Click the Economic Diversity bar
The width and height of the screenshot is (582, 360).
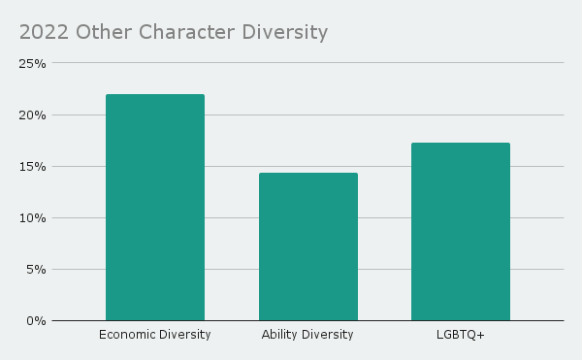(x=155, y=208)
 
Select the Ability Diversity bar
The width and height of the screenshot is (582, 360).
(x=307, y=246)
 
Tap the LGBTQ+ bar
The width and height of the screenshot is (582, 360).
(x=460, y=232)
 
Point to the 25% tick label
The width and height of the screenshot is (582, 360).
(x=34, y=64)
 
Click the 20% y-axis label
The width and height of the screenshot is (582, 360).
(x=34, y=115)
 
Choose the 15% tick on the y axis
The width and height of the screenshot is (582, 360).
(x=34, y=167)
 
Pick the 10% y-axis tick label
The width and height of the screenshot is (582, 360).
(x=34, y=218)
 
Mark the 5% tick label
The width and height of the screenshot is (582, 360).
(x=37, y=270)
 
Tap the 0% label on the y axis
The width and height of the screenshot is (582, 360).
(x=37, y=321)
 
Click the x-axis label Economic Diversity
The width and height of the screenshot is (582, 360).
(x=155, y=335)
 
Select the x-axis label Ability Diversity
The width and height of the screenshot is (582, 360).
(x=307, y=335)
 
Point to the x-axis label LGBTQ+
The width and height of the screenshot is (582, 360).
(x=460, y=335)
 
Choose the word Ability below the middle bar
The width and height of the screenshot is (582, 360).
(x=279, y=335)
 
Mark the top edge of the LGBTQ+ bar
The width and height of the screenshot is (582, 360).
(x=460, y=144)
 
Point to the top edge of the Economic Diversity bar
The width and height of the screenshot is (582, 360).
(x=155, y=95)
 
